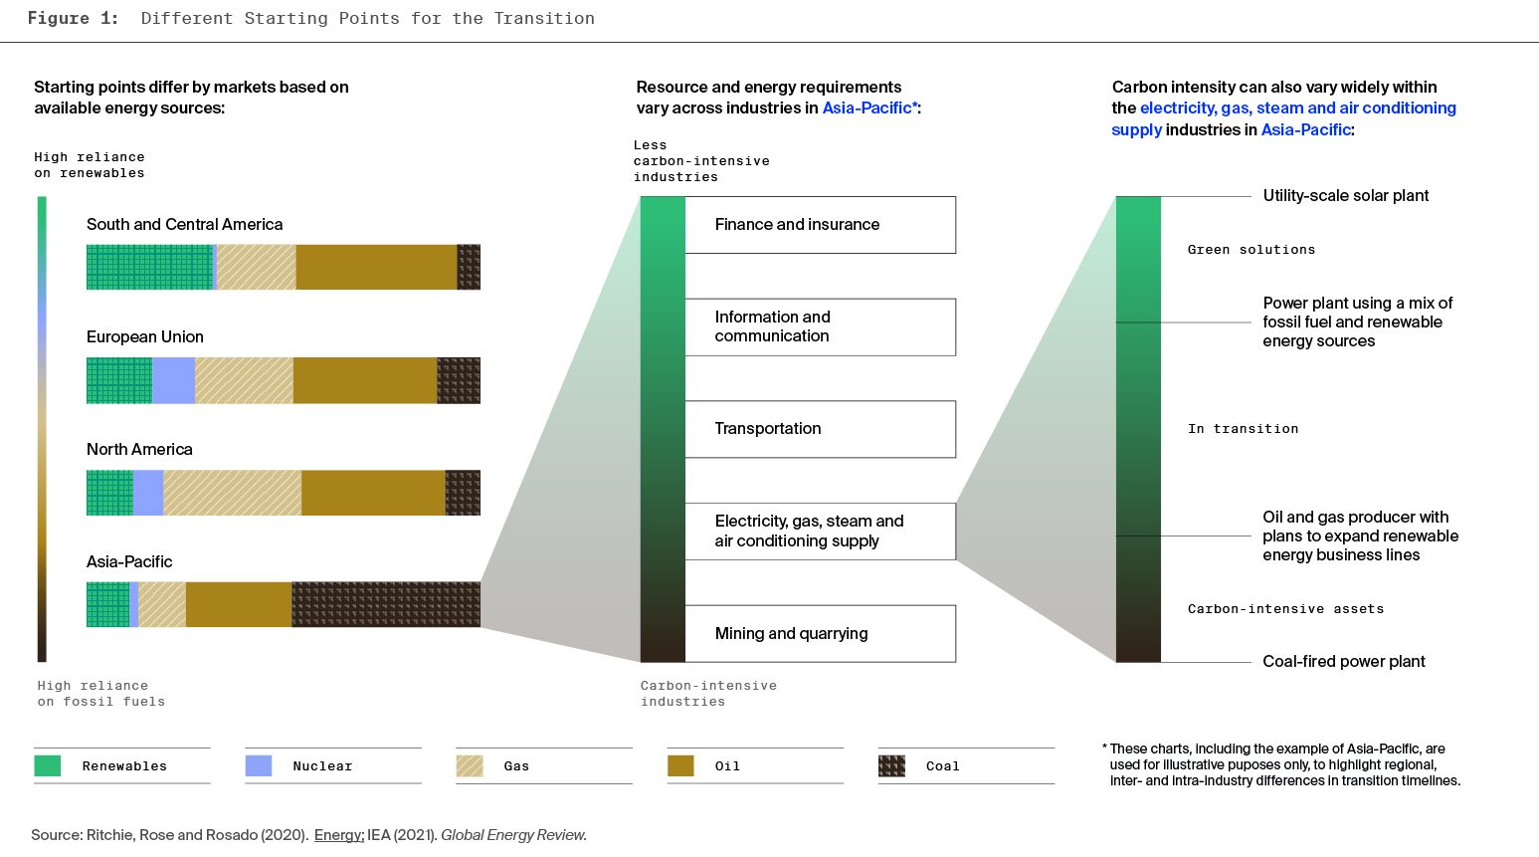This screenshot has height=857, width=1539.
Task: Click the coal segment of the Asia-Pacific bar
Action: [x=386, y=604]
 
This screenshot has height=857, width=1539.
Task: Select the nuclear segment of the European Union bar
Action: [x=173, y=380]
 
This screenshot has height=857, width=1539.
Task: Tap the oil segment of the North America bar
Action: [x=373, y=493]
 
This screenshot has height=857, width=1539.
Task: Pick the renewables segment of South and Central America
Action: [x=149, y=267]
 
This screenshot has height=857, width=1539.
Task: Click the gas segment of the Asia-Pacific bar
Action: [x=162, y=604]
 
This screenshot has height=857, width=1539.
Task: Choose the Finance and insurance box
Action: [x=820, y=225]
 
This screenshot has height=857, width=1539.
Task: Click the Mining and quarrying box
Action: [x=820, y=634]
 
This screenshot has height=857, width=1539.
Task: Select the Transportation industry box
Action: [x=820, y=429]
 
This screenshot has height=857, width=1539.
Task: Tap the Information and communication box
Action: [x=820, y=326]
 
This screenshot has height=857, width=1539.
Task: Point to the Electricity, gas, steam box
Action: [x=820, y=532]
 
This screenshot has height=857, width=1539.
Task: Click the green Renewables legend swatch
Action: [x=48, y=765]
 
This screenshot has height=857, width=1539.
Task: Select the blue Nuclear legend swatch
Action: [x=259, y=765]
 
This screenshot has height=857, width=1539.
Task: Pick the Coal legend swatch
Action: [x=891, y=765]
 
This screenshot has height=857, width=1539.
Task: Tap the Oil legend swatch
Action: [x=680, y=765]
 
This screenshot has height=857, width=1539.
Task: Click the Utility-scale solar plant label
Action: [x=1345, y=196]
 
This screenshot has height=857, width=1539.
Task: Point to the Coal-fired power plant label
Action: [x=1343, y=662]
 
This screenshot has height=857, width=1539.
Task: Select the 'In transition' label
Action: [x=1243, y=429]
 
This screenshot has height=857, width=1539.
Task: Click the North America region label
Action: [x=139, y=450]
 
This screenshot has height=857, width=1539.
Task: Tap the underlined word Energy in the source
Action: [x=338, y=835]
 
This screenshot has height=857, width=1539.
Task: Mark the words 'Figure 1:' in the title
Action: [x=73, y=18]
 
